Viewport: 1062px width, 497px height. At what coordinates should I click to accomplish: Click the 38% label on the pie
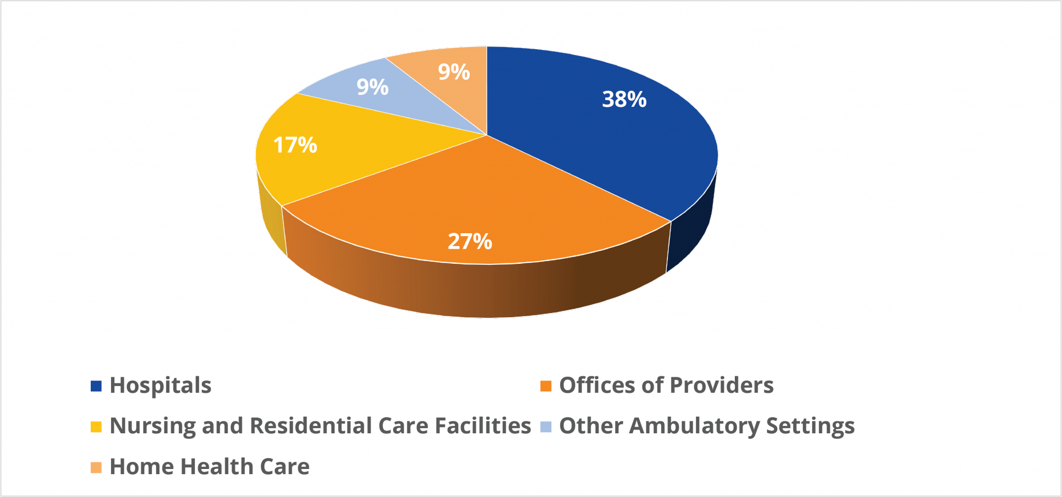pos(624,100)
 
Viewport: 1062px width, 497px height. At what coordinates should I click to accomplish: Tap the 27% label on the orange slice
pos(470,242)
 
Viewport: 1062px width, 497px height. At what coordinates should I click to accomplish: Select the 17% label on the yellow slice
pos(295,145)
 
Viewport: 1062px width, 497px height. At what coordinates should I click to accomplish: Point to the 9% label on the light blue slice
pos(372,87)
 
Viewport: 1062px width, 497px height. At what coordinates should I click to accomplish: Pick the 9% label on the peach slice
pos(454,72)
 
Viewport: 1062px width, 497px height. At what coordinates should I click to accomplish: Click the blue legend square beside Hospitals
pos(96,386)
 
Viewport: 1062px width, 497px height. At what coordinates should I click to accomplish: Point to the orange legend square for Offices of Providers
pos(546,386)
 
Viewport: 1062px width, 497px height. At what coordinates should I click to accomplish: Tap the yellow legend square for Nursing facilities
pos(96,427)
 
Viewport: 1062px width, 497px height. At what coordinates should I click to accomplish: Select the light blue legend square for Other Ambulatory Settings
pos(546,427)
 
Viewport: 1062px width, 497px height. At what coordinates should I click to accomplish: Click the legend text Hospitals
pos(160,386)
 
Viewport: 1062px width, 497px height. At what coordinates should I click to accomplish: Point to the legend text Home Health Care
pos(209,467)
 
